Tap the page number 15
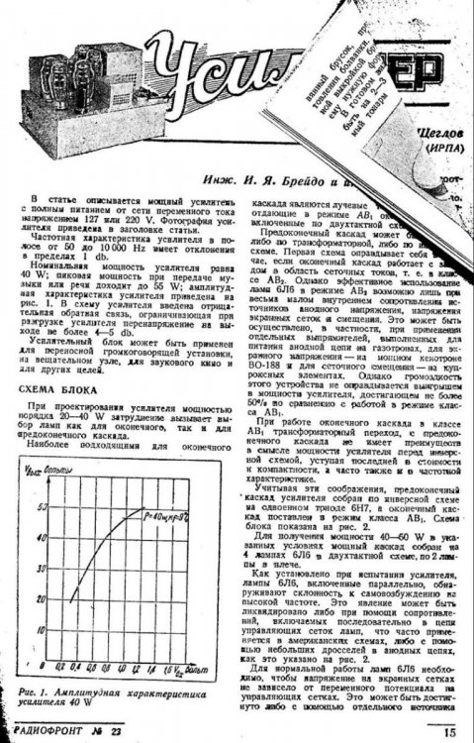pos(449,733)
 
